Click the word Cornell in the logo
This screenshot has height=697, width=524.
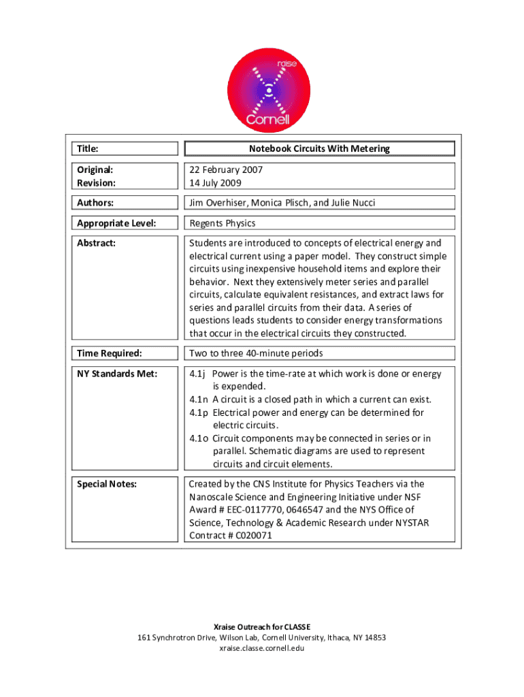click(x=267, y=120)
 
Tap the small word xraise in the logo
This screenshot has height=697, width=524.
click(x=286, y=64)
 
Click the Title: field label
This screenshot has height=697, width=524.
click(x=88, y=148)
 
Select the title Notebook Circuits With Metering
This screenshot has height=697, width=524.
click(x=319, y=148)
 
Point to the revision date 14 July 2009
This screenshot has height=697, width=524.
click(x=215, y=182)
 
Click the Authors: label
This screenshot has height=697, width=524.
click(x=95, y=202)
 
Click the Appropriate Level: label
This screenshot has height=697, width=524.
click(x=116, y=223)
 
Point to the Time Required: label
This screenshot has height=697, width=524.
click(x=110, y=353)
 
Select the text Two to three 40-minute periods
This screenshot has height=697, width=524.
click(x=256, y=353)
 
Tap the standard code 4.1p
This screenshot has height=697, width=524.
click(x=199, y=412)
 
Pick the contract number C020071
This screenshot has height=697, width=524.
click(x=258, y=536)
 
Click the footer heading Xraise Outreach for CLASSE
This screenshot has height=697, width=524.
click(x=261, y=626)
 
